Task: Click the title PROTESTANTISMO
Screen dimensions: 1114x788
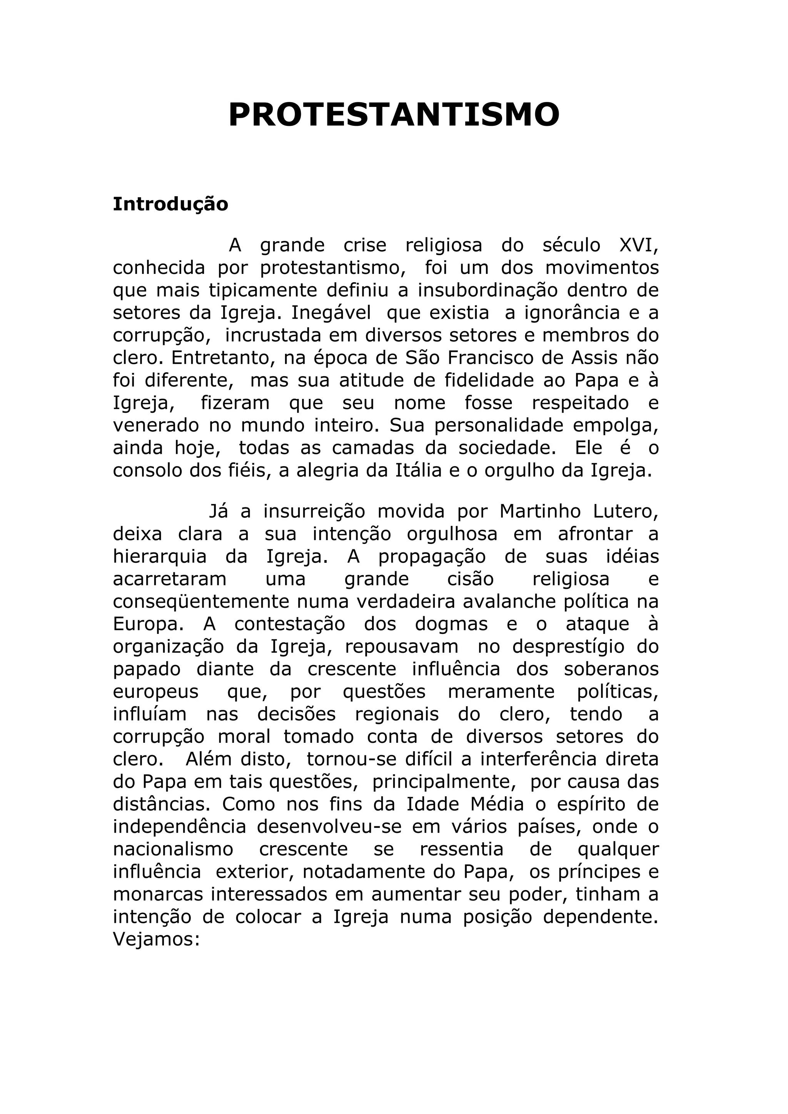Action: pyautogui.click(x=394, y=115)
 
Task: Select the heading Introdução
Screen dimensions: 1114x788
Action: pyautogui.click(x=170, y=204)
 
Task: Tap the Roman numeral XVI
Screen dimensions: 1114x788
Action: pyautogui.click(x=639, y=245)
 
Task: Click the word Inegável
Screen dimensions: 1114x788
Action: pyautogui.click(x=331, y=313)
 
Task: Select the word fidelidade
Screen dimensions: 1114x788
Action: pyautogui.click(x=489, y=380)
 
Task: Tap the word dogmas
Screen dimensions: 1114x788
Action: pyautogui.click(x=451, y=624)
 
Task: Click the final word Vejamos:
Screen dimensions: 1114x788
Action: pyautogui.click(x=156, y=940)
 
